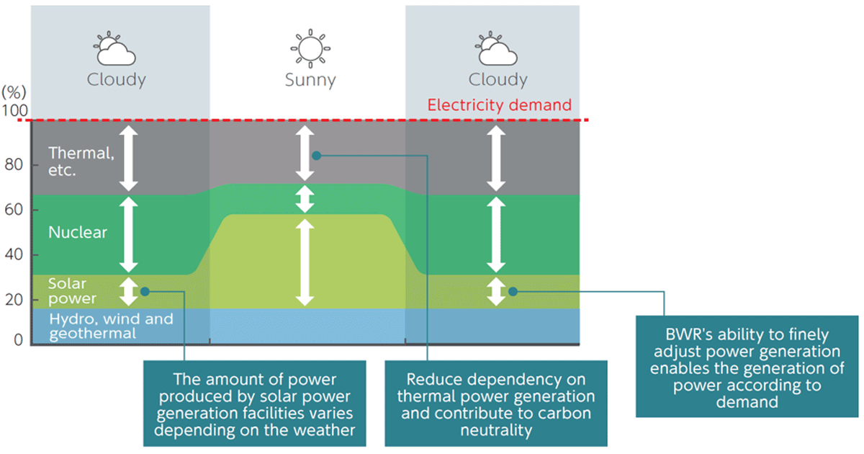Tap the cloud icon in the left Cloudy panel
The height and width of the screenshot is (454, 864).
pyautogui.click(x=115, y=50)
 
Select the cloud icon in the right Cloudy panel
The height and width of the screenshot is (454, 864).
pyautogui.click(x=497, y=50)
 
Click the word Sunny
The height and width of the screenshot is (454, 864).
pyautogui.click(x=310, y=79)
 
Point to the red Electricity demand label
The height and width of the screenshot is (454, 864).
pyautogui.click(x=499, y=105)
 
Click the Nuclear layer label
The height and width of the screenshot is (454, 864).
pyautogui.click(x=78, y=232)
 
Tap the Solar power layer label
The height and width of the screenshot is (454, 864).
pyautogui.click(x=72, y=291)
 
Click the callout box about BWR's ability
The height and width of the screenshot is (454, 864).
pyautogui.click(x=747, y=366)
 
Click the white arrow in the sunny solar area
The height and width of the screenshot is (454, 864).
pyautogui.click(x=305, y=262)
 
